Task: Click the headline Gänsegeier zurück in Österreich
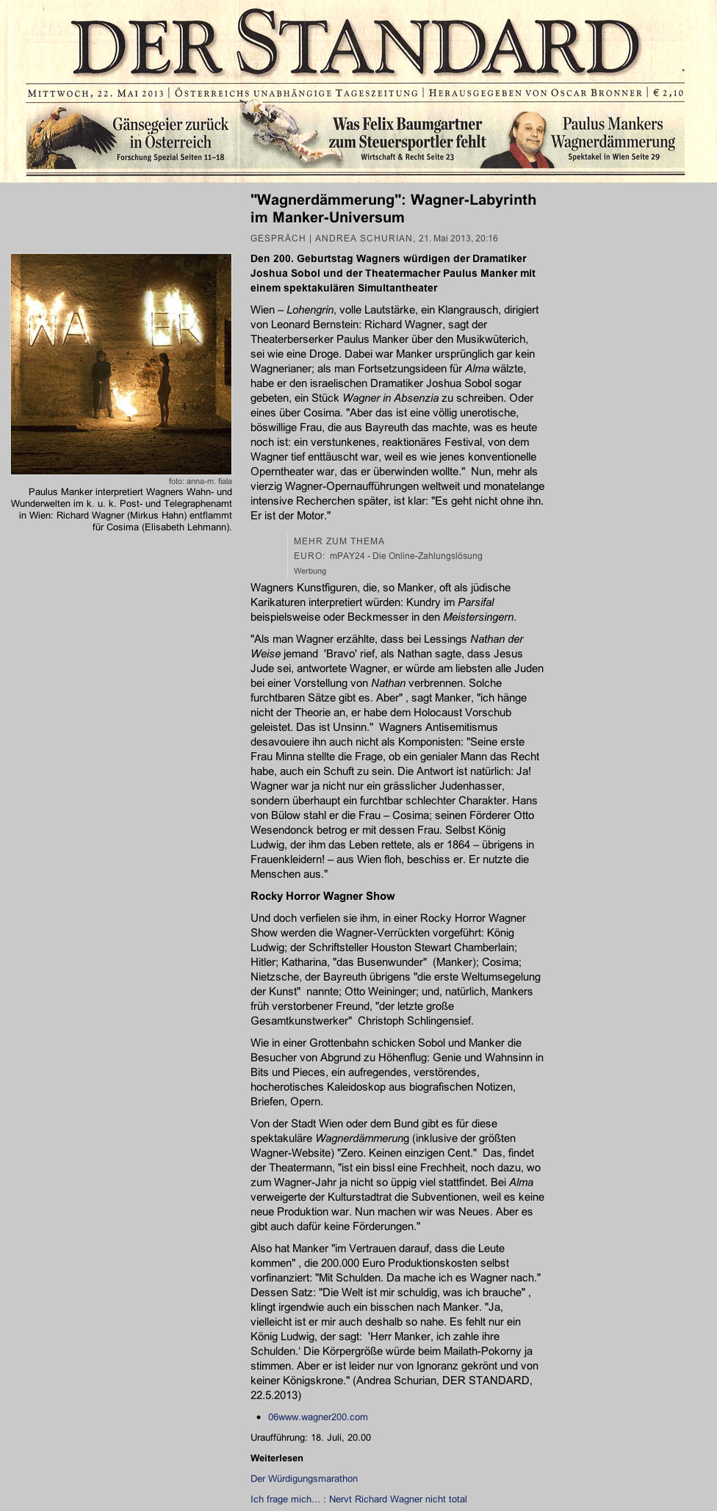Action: (170, 133)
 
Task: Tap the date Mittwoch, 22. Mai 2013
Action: (96, 93)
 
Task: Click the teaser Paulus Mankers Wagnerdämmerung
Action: (613, 133)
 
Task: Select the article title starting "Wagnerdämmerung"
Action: (393, 209)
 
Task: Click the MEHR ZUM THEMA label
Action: (339, 541)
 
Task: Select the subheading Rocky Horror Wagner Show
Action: (323, 896)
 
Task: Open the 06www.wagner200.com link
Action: (317, 1417)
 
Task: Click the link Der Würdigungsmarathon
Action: (304, 1479)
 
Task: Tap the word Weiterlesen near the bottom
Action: (276, 1458)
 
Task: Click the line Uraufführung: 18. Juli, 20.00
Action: (311, 1438)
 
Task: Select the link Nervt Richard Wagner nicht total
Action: (397, 1499)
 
